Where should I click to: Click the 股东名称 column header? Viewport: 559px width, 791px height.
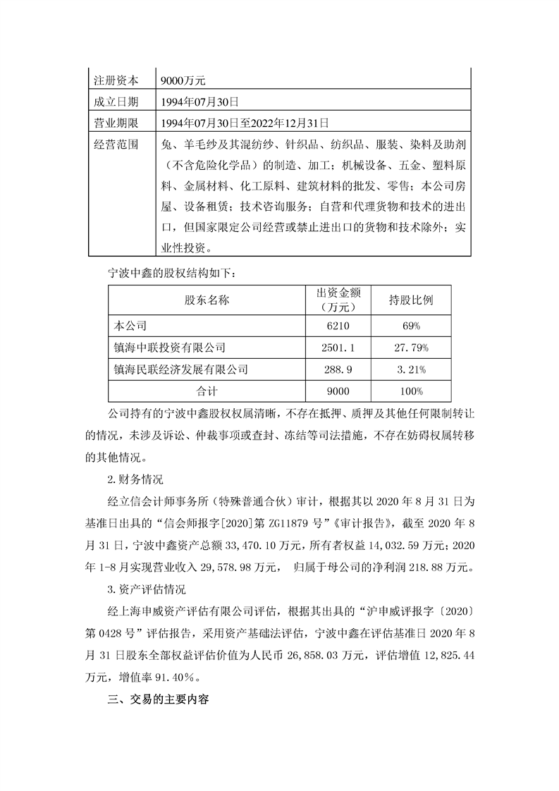point(207,300)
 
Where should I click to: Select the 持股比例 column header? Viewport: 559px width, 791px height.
point(411,300)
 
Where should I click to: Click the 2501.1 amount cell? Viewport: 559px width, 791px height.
point(338,348)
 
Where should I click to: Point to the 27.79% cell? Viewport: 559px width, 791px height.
point(411,348)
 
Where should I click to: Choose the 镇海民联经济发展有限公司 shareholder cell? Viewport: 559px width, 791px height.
point(181,369)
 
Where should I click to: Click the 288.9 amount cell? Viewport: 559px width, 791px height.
point(338,369)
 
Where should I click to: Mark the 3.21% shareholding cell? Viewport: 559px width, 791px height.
point(411,369)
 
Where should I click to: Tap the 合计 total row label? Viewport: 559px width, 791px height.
point(207,390)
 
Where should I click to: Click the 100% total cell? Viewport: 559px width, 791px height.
point(411,390)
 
